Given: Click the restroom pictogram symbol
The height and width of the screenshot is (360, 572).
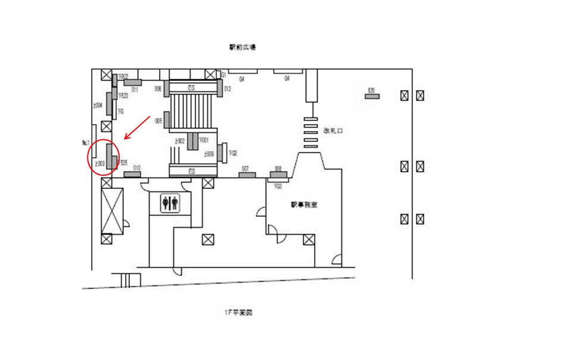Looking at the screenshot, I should (x=170, y=203).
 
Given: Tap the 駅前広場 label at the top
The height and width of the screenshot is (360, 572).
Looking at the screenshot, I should (x=243, y=46).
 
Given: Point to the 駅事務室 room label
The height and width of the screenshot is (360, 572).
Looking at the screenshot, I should (x=304, y=204).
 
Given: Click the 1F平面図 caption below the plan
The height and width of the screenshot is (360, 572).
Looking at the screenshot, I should (x=238, y=312).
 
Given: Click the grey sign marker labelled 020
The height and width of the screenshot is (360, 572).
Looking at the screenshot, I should (x=372, y=96).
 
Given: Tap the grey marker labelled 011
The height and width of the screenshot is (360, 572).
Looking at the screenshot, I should (x=132, y=82).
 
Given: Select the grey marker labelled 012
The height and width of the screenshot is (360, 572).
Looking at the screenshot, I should (x=220, y=88).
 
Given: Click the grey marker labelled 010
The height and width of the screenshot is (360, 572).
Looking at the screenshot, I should (x=132, y=174).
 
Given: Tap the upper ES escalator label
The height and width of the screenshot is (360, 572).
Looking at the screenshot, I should (x=192, y=88).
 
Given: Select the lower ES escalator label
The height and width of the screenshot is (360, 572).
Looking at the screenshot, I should (x=192, y=172).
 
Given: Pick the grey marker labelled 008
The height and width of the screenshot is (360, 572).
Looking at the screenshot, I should (x=278, y=175).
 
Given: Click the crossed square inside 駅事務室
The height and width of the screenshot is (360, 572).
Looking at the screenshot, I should (x=309, y=240).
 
